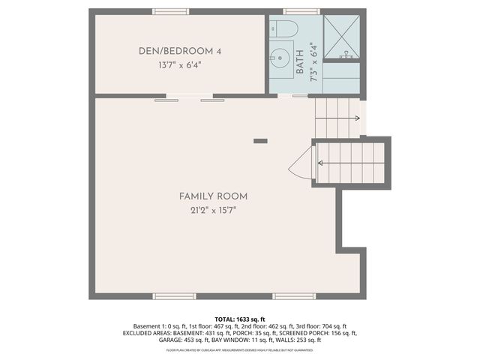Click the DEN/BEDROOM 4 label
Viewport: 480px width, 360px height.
[x=180, y=51]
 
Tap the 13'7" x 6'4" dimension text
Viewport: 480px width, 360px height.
[x=180, y=65]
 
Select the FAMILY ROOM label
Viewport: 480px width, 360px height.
[x=213, y=196]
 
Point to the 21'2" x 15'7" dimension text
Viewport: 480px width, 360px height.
[x=213, y=210]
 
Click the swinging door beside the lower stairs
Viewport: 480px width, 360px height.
[x=302, y=163]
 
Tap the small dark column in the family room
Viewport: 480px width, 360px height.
[x=260, y=140]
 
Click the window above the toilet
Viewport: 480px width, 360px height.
[x=301, y=12]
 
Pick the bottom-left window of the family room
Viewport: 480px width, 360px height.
[x=175, y=296]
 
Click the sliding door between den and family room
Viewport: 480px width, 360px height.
[x=184, y=97]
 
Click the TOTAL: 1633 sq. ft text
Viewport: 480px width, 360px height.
[x=240, y=319]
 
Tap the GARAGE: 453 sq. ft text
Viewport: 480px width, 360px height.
[x=150, y=340]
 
